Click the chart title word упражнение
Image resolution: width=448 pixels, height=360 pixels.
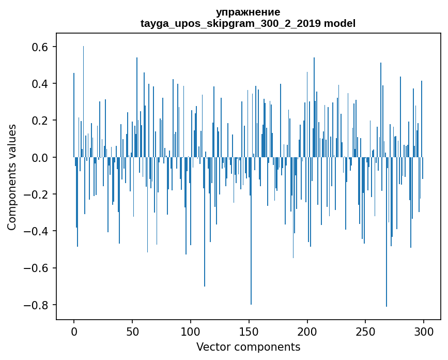pyautogui.click(x=248, y=12)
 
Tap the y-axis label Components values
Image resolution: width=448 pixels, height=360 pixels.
pyautogui.click(x=12, y=177)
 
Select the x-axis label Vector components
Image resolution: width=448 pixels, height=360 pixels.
pyautogui.click(x=248, y=347)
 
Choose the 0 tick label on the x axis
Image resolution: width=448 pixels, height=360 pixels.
pyautogui.click(x=74, y=331)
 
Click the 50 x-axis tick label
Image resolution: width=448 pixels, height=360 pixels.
pyautogui.click(x=132, y=331)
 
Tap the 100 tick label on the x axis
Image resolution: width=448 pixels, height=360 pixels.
pyautogui.click(x=191, y=331)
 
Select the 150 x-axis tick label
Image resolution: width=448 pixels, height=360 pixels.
pyautogui.click(x=249, y=331)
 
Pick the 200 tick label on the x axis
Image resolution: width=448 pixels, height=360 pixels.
pyautogui.click(x=307, y=331)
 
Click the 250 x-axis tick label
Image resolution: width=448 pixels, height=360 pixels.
pyautogui.click(x=366, y=331)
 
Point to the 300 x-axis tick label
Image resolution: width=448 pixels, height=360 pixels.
pyautogui.click(x=424, y=331)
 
